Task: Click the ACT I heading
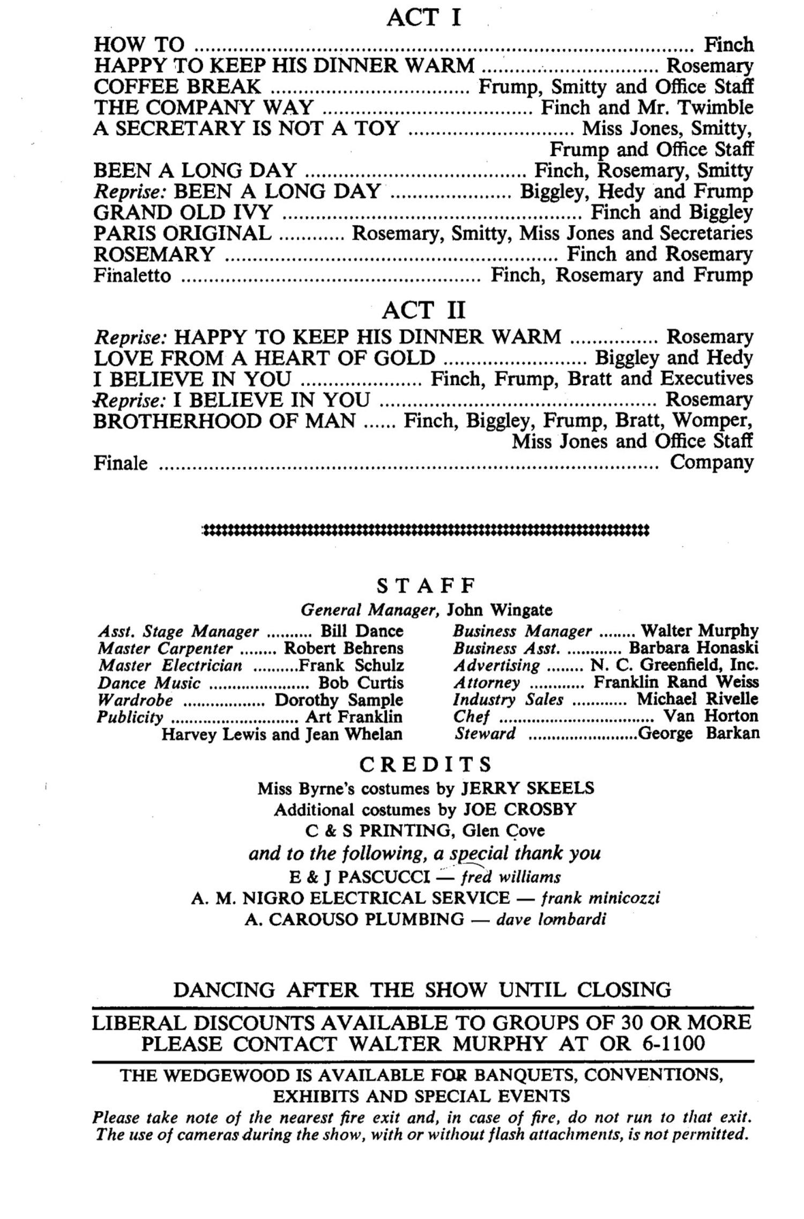pos(423,18)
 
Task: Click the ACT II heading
pos(423,310)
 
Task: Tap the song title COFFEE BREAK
pos(177,86)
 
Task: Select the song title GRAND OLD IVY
pos(183,212)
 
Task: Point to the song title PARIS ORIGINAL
pos(182,233)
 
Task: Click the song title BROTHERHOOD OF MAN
pos(224,421)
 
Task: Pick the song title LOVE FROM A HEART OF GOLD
pos(264,358)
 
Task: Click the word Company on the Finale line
pos(711,462)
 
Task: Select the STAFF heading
pos(426,586)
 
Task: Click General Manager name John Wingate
pos(500,610)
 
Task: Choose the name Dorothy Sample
pos(339,700)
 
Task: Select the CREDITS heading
pos(426,764)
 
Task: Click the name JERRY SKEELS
pos(528,788)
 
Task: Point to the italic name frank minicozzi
pos(600,898)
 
